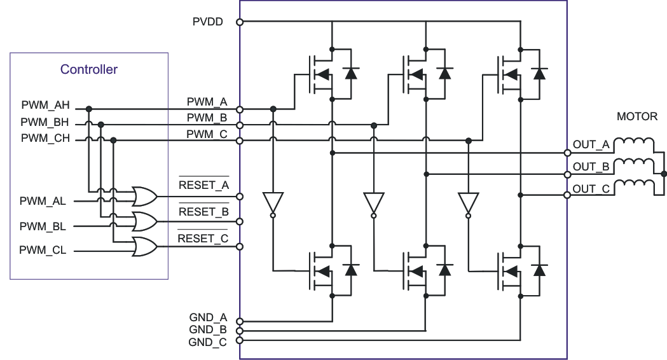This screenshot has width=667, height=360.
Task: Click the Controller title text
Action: click(x=88, y=70)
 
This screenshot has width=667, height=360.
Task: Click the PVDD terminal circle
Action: click(x=240, y=22)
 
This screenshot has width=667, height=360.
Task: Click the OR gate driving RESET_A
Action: click(x=144, y=197)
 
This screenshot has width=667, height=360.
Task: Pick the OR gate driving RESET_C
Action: click(x=144, y=246)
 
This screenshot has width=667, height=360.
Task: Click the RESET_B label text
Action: click(x=203, y=212)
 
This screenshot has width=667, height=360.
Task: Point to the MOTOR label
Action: click(x=636, y=117)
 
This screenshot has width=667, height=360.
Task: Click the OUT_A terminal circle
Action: click(x=567, y=153)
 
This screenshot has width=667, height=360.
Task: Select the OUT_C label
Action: click(x=591, y=189)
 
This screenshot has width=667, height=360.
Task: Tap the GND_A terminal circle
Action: click(x=240, y=322)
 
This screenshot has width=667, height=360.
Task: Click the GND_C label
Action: click(x=207, y=342)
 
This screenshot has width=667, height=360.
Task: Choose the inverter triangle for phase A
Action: click(x=273, y=203)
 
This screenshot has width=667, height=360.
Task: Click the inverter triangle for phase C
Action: click(x=468, y=203)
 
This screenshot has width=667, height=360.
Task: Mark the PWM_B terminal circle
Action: click(x=240, y=125)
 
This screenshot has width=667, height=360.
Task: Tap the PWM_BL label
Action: click(x=43, y=226)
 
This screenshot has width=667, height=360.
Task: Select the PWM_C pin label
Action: click(x=206, y=134)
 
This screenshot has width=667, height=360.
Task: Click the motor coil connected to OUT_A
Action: click(x=635, y=142)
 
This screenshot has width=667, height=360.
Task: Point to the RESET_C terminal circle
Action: click(x=240, y=246)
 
